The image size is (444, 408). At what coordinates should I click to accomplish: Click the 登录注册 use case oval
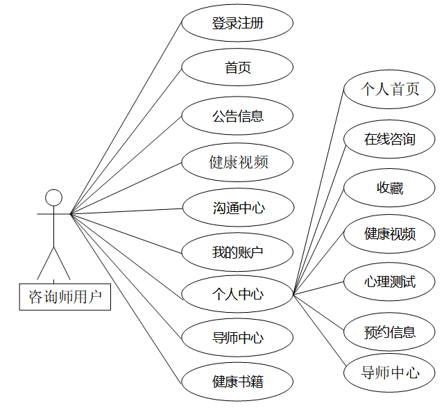click(x=237, y=24)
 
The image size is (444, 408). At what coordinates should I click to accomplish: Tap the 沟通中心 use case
click(x=237, y=208)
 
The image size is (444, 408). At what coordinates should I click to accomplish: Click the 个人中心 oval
click(x=237, y=294)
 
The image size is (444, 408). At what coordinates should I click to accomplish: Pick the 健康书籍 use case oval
click(x=237, y=382)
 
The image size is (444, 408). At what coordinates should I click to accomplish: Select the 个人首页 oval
click(x=390, y=89)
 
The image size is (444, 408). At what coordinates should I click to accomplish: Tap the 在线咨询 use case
click(x=390, y=138)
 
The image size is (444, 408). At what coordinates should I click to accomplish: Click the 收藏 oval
click(x=390, y=188)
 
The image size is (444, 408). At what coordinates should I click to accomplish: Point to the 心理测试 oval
click(x=390, y=281)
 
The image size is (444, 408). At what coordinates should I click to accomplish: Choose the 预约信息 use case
click(x=390, y=331)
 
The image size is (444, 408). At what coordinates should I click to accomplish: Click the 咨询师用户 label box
click(x=65, y=297)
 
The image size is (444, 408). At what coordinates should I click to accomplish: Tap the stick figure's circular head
click(x=53, y=197)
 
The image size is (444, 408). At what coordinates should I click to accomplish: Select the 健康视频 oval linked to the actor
click(x=237, y=163)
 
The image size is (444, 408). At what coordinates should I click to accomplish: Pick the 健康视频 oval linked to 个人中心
click(x=390, y=234)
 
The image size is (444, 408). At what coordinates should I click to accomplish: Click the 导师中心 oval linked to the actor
click(x=237, y=338)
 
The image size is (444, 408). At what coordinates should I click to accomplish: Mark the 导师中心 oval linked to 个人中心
click(x=390, y=373)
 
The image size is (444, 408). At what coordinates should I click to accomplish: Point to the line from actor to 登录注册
click(x=126, y=119)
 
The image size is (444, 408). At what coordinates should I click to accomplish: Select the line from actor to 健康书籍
click(x=126, y=297)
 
